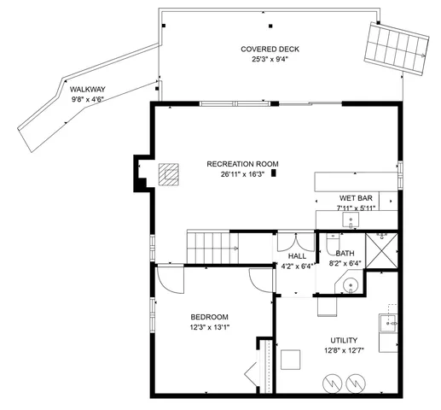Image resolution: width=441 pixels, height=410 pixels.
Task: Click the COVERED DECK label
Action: tap(263, 49)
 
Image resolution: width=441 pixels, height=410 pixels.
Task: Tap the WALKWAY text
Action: tap(87, 88)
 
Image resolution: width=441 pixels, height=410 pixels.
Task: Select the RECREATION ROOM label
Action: tap(242, 164)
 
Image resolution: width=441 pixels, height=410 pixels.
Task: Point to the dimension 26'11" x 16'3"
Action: tap(242, 174)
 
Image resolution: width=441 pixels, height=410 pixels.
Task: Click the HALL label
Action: tap(297, 255)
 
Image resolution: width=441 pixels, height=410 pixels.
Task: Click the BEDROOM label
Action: tap(209, 316)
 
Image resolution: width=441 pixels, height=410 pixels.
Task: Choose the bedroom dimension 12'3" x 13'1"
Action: tap(209, 326)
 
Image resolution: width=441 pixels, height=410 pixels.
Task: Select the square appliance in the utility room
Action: tap(291, 360)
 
